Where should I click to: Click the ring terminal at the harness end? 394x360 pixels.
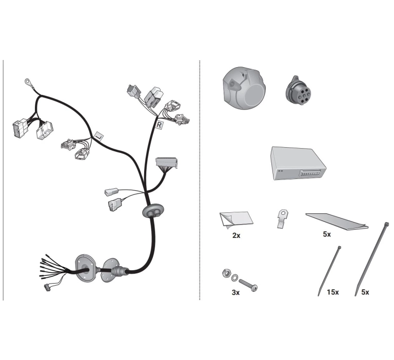pyautogui.click(x=27, y=81)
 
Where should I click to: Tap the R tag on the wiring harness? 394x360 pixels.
pyautogui.click(x=160, y=125)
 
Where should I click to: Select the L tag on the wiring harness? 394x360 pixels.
pyautogui.click(x=98, y=136)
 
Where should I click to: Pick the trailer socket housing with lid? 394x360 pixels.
pyautogui.click(x=245, y=88)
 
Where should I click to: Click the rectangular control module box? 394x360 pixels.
pyautogui.click(x=298, y=163)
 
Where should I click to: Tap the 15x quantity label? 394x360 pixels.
pyautogui.click(x=332, y=292)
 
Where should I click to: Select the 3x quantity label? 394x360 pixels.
pyautogui.click(x=235, y=292)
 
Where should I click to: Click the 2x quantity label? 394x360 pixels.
pyautogui.click(x=236, y=235)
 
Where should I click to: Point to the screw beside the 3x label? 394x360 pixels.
pyautogui.click(x=248, y=285)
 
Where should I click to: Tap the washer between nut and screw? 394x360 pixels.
pyautogui.click(x=234, y=277)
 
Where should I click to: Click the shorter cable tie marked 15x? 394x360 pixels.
pyautogui.click(x=329, y=271)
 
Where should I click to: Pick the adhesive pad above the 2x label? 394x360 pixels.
pyautogui.click(x=236, y=220)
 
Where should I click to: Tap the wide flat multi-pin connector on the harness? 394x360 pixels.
pyautogui.click(x=167, y=163)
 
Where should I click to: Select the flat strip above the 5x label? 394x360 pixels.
pyautogui.click(x=337, y=222)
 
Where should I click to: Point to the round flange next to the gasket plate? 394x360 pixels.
pyautogui.click(x=110, y=270)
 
